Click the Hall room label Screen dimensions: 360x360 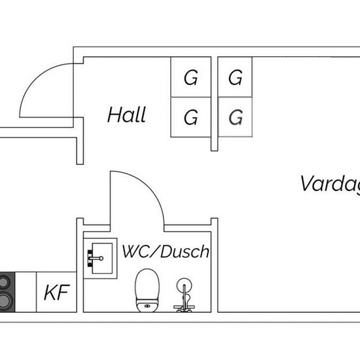click(126, 115)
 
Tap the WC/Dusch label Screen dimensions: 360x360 click(166, 251)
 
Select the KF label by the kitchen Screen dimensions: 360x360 click(57, 293)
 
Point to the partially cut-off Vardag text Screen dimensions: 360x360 click(330, 184)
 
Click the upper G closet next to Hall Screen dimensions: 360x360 click(190, 77)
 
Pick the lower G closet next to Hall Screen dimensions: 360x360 click(190, 117)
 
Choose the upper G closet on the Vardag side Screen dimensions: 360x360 click(235, 77)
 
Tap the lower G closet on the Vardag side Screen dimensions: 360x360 click(235, 117)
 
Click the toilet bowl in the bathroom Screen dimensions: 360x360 click(147, 285)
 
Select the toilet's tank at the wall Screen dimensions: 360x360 click(147, 306)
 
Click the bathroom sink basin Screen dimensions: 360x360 click(102, 259)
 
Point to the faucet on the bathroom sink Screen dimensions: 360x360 click(96, 259)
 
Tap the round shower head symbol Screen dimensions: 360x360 click(184, 285)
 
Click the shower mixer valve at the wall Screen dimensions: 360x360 click(184, 307)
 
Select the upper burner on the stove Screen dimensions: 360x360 click(5, 282)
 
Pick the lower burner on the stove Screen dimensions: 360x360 click(5, 300)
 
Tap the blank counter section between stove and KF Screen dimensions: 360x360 click(26, 292)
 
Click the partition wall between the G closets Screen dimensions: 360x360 click(215, 104)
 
